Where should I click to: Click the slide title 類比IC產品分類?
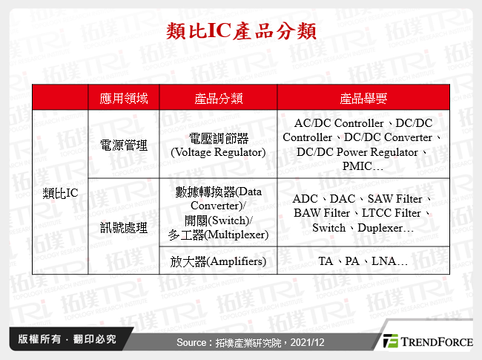click(x=241, y=31)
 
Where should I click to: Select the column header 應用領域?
click(x=123, y=98)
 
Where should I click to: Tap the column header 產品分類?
click(x=218, y=98)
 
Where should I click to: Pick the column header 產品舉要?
click(x=363, y=98)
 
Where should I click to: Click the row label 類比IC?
click(x=61, y=193)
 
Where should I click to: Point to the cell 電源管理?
click(x=123, y=145)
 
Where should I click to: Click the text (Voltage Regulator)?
click(x=218, y=152)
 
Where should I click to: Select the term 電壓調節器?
click(x=218, y=138)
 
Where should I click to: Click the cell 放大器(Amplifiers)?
click(x=218, y=261)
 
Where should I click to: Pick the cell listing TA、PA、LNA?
click(x=363, y=261)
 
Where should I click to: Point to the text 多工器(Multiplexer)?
click(x=218, y=235)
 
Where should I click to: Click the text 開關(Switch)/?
click(x=218, y=220)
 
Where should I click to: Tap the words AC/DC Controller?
click(x=338, y=123)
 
